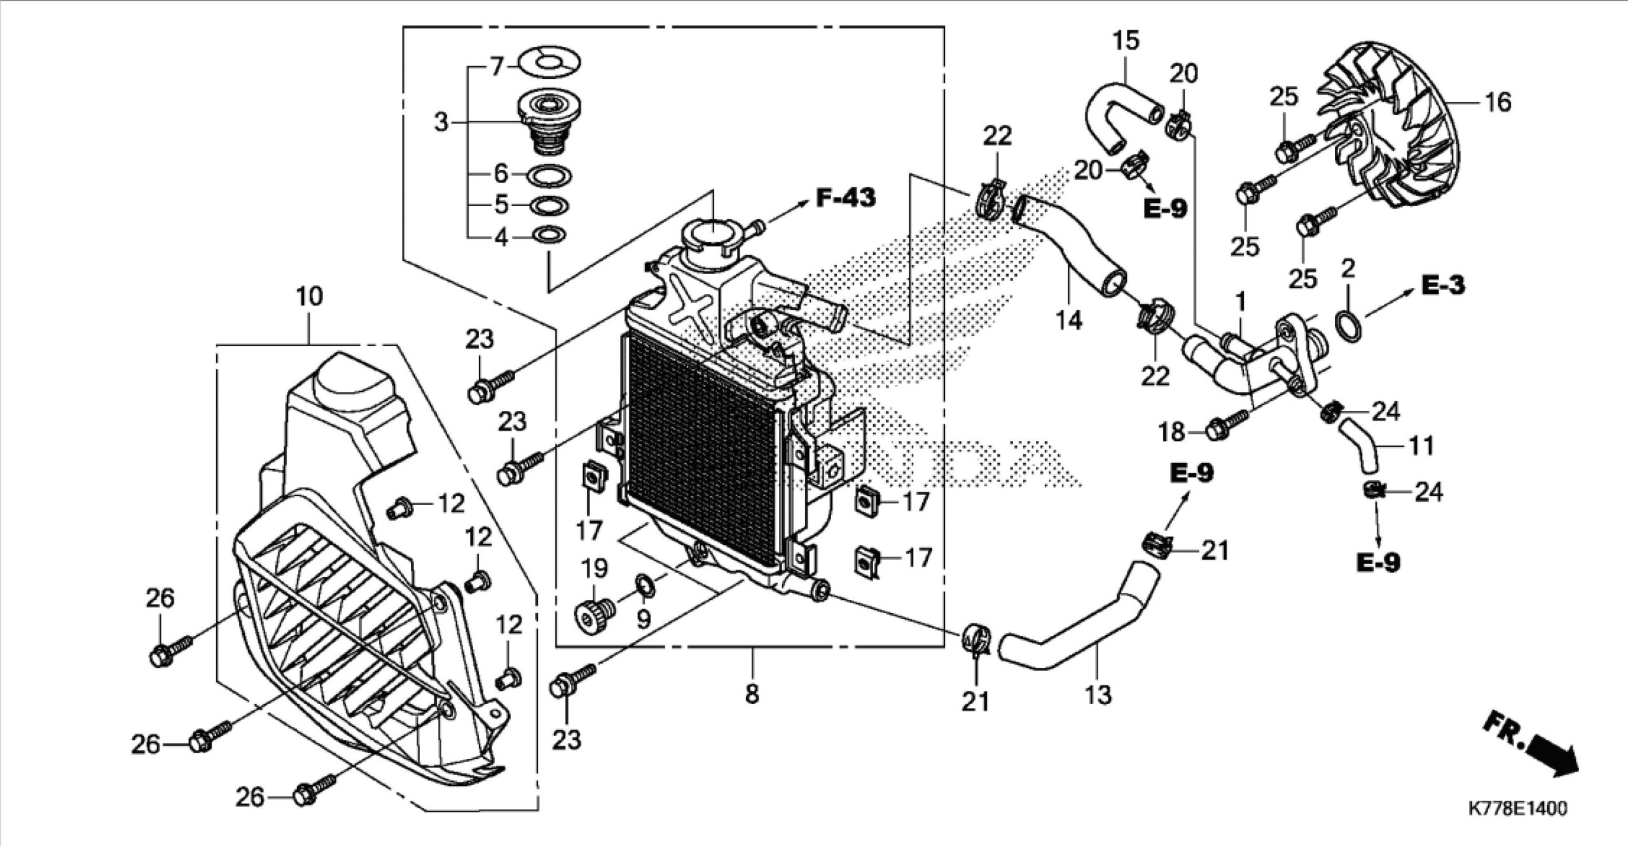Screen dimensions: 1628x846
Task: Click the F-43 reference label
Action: (846, 198)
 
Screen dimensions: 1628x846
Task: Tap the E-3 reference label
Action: (1443, 286)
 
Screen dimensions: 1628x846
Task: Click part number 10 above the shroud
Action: (309, 296)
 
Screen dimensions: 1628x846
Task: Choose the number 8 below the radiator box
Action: (752, 694)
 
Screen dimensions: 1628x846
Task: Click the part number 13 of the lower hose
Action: (1098, 695)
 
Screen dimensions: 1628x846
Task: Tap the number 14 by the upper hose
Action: (1069, 321)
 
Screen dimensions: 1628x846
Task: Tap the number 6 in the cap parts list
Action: (502, 173)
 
